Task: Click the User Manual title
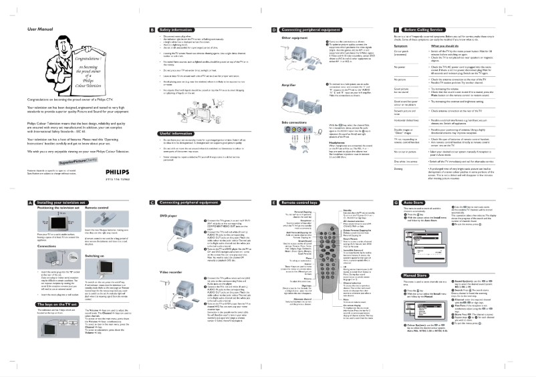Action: click(x=41, y=30)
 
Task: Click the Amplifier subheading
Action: click(x=281, y=85)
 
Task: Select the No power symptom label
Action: click(x=401, y=67)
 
